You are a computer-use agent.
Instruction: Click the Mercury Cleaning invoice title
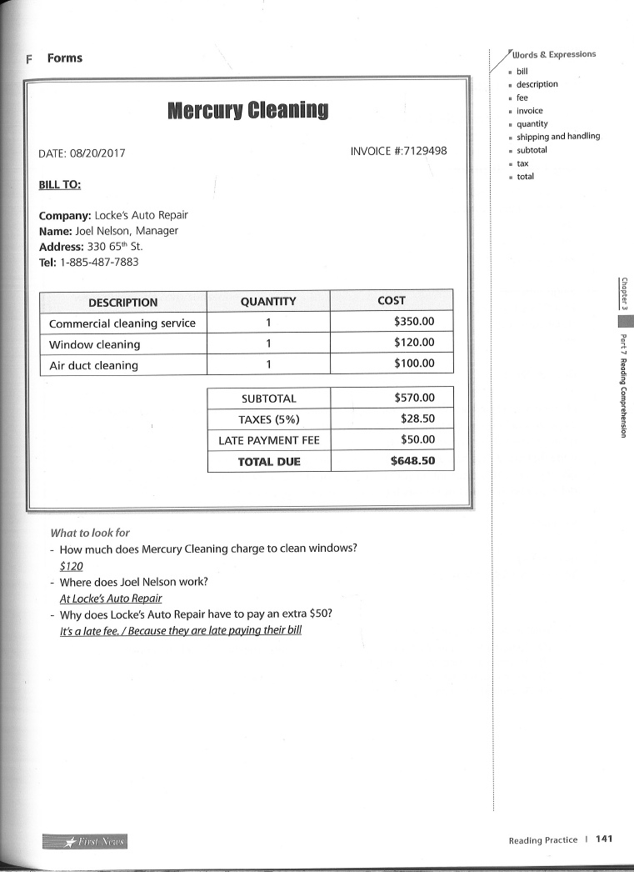247,109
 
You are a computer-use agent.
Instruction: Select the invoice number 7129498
420,151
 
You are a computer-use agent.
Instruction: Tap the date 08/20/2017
99,153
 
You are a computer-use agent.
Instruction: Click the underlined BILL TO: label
60,184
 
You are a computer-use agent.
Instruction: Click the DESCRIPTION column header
122,302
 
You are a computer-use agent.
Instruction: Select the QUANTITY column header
267,301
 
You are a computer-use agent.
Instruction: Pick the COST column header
391,300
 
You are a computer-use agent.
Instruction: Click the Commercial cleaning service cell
122,323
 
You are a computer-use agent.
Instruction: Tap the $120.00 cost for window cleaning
414,342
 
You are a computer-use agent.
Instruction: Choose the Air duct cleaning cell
93,365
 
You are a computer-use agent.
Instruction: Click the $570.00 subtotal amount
414,398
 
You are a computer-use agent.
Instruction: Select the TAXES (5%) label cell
268,419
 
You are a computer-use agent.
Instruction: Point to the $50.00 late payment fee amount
417,439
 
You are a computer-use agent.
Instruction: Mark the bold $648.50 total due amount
412,460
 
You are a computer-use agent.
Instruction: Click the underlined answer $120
72,565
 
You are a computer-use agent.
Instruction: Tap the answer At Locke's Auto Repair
111,598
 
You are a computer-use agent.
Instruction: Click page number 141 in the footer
604,839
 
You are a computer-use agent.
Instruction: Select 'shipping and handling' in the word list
557,136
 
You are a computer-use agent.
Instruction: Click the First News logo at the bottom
85,841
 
